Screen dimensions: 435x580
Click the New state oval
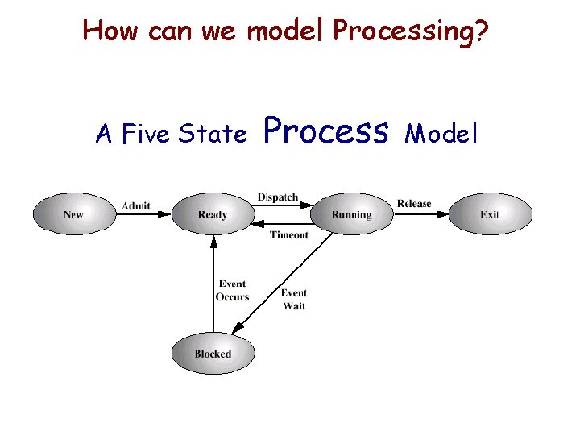(x=73, y=214)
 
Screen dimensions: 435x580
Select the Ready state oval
(x=213, y=214)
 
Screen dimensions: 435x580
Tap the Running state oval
(x=351, y=214)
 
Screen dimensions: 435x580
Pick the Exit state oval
(x=490, y=214)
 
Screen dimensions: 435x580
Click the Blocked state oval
(x=213, y=354)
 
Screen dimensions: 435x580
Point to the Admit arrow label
(x=135, y=206)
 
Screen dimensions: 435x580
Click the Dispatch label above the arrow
(x=278, y=197)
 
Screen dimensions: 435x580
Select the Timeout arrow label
(x=288, y=235)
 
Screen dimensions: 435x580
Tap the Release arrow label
(x=414, y=204)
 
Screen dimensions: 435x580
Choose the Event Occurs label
(x=232, y=291)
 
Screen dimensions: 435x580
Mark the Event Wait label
(x=294, y=299)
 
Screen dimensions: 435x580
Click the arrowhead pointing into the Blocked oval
(x=238, y=328)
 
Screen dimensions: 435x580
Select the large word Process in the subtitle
(x=325, y=130)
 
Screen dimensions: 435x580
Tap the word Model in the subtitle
(x=441, y=134)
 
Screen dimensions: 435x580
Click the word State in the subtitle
(x=213, y=134)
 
